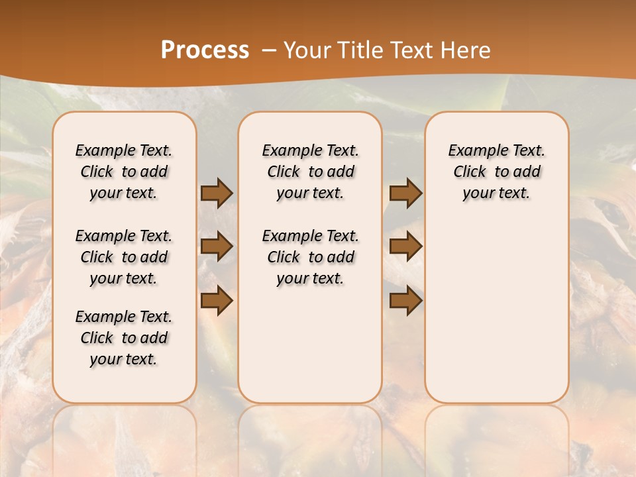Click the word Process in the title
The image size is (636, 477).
pos(205,50)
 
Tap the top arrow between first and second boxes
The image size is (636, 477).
pos(216,193)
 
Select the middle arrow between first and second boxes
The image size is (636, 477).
pos(216,247)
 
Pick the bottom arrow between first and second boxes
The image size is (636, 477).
pos(216,301)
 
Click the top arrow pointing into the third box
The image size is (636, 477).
pos(405,193)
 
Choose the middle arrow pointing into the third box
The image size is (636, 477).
pos(405,247)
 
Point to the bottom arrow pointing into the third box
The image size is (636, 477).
pos(405,301)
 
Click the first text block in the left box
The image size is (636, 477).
pos(124,172)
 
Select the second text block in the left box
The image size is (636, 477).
pos(124,257)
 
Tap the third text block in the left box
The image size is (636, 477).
pos(124,338)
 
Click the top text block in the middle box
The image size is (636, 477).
pos(310,172)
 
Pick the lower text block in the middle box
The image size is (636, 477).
pos(310,257)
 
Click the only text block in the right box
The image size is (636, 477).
pos(496,172)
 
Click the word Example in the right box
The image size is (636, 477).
pos(472,151)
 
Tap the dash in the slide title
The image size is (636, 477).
pos(269,50)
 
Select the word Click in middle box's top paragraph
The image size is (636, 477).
pos(284,172)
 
